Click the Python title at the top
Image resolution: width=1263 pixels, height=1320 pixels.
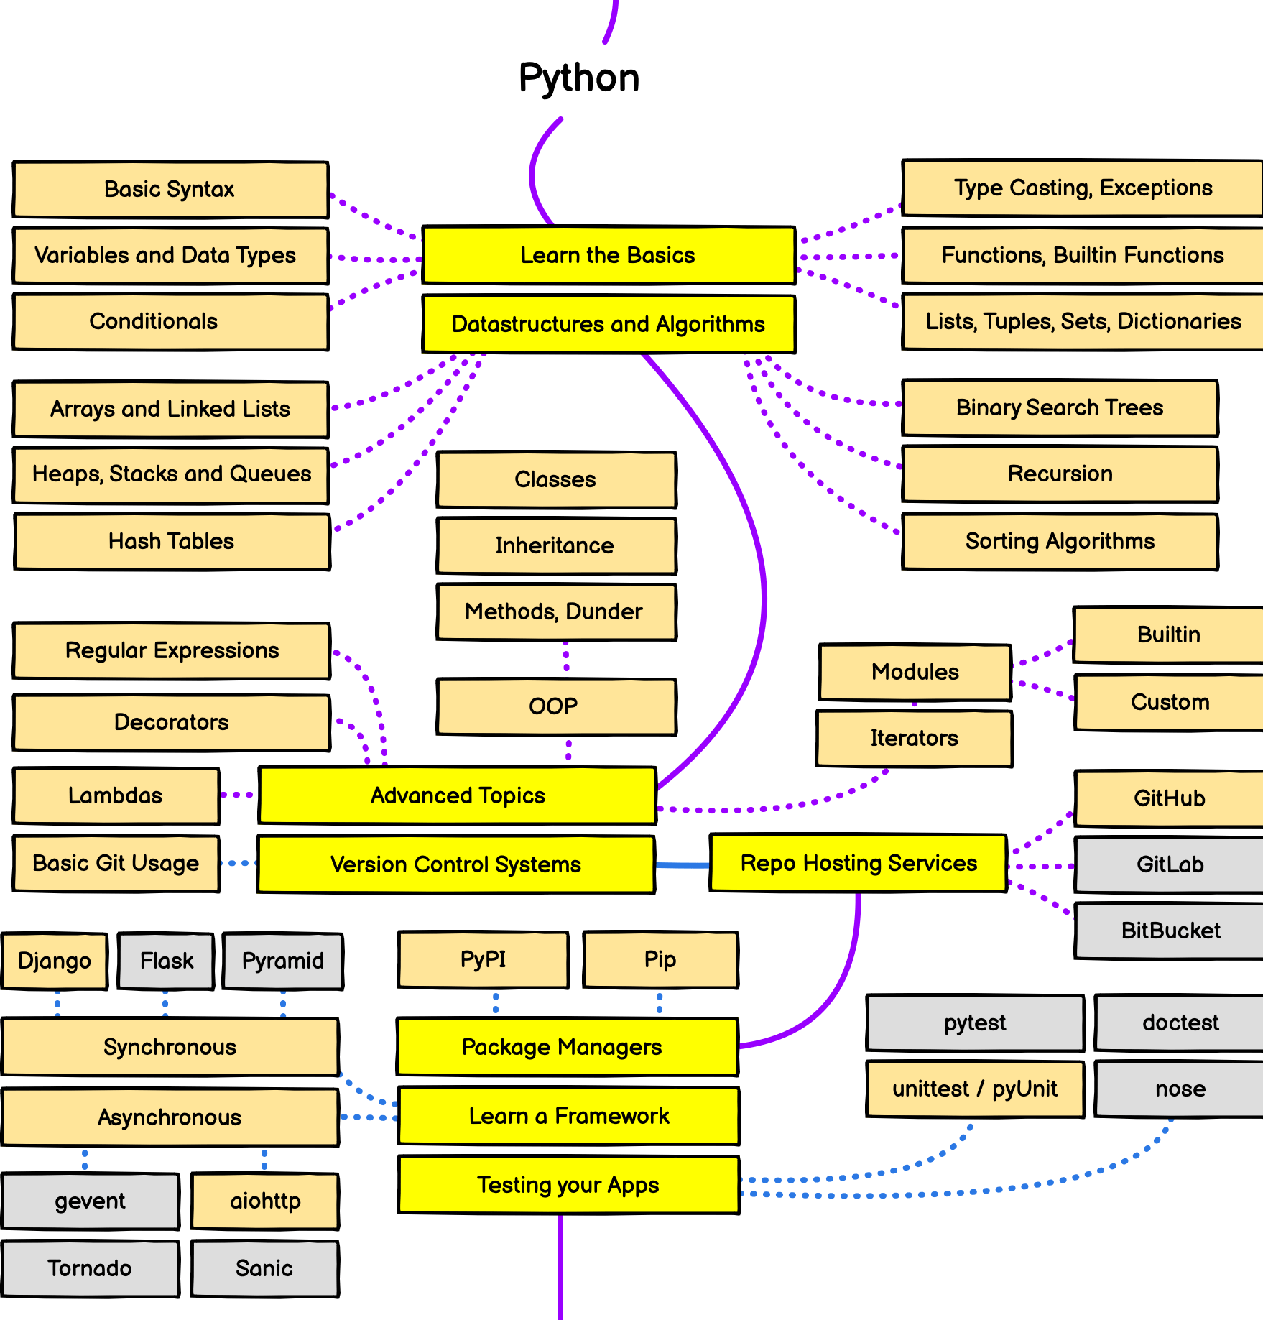[x=579, y=78]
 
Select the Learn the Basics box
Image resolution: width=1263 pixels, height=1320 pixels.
[x=609, y=255]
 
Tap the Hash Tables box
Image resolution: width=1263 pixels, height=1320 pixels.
[x=172, y=541]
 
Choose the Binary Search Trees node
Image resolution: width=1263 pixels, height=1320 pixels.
[x=1060, y=407]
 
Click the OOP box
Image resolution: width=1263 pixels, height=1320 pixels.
[x=556, y=706]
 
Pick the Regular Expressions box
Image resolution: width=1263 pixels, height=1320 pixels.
[x=172, y=650]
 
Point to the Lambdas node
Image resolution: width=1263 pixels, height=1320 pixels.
[x=116, y=795]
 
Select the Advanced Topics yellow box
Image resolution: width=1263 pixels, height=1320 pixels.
[x=458, y=795]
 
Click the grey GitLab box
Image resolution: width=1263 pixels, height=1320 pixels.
[x=1169, y=864]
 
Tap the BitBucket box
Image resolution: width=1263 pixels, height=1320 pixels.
[x=1169, y=931]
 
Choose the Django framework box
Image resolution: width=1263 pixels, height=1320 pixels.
[x=55, y=961]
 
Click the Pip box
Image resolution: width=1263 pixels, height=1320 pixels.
[x=660, y=959]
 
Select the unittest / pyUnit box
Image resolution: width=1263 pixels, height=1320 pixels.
[x=975, y=1089]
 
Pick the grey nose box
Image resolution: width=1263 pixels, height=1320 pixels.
[x=1179, y=1089]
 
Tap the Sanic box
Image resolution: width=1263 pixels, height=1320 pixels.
[x=264, y=1268]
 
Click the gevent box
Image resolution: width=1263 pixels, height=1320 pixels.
[x=91, y=1201]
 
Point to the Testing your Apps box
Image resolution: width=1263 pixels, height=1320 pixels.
[x=568, y=1185]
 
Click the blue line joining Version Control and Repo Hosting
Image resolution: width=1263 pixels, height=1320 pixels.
[x=683, y=865]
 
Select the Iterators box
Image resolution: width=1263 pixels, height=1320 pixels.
[x=915, y=738]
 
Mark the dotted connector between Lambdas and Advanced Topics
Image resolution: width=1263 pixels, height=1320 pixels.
[x=239, y=795]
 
